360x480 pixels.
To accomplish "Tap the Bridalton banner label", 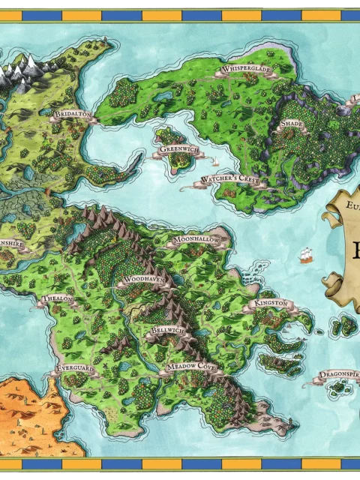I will tap(73, 115).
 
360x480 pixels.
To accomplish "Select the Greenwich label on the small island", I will tap(175, 150).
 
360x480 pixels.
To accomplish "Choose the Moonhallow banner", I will tap(196, 240).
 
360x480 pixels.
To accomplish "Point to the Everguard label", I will tap(76, 370).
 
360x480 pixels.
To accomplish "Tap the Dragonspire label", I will tap(337, 373).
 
